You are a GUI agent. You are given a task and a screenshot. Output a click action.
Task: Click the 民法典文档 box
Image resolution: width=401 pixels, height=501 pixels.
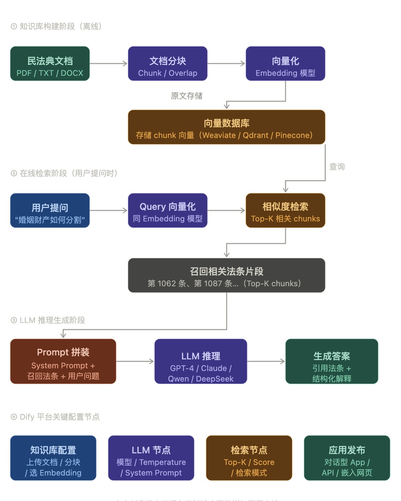50,64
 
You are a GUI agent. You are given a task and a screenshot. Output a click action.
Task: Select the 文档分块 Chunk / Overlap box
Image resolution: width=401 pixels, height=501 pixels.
168,64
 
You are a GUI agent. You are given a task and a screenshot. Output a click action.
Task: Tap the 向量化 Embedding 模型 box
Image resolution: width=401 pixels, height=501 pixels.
285,64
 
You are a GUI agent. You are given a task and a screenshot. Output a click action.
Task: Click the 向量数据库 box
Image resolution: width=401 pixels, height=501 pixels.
226,127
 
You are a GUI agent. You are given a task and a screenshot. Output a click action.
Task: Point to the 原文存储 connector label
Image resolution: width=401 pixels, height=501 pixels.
187,96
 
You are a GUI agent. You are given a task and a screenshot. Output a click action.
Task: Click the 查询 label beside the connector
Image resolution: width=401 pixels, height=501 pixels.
337,167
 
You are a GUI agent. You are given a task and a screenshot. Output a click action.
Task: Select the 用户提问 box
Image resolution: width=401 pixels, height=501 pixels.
50,210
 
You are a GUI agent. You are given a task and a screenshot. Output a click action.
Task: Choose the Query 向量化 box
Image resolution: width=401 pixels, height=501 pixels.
168,210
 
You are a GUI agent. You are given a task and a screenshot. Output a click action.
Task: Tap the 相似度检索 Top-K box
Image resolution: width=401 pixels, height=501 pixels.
285,210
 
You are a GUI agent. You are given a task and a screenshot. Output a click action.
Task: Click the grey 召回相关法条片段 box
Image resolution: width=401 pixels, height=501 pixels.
226,275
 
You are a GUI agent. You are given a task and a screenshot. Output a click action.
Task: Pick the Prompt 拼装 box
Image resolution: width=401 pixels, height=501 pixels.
63,361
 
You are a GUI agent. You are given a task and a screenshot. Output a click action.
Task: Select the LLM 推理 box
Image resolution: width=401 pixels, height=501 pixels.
201,361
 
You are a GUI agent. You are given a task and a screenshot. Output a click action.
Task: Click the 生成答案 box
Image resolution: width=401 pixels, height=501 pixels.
332,361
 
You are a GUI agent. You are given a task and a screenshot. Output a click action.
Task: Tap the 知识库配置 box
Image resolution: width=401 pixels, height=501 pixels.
53,458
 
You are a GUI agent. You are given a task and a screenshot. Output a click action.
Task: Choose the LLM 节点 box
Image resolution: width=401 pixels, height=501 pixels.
151,458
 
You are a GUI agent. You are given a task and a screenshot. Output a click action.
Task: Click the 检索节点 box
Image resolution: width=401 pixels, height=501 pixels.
249,458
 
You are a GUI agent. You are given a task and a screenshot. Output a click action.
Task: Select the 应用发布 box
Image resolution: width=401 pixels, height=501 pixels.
347,458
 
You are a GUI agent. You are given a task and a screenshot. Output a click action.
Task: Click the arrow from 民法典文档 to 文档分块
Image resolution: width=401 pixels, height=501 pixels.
109,64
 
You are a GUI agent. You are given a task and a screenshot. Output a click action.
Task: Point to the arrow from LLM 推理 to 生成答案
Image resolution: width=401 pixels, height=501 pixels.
266,361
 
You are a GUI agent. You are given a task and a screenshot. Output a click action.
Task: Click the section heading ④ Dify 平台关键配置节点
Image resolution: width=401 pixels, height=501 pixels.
55,417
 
